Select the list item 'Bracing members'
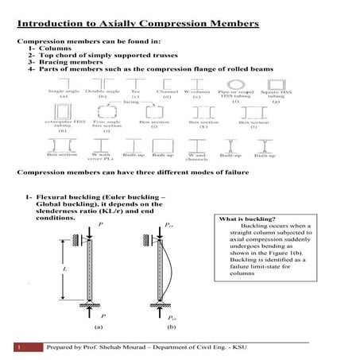tap(68, 62)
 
